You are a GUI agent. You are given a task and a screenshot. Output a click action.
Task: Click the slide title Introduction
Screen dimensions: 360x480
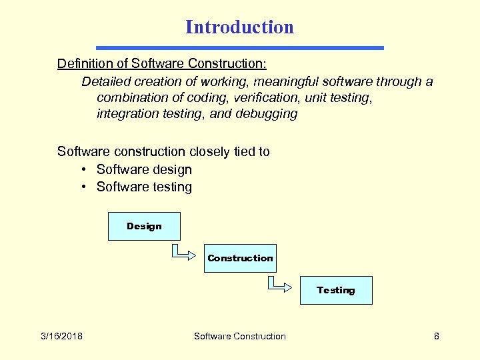(239, 27)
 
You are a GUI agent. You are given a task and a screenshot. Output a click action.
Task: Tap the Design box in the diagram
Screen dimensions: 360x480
(144, 227)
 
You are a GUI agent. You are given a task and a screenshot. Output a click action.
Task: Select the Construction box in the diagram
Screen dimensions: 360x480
(240, 258)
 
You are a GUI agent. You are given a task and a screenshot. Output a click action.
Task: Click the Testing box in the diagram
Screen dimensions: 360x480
(336, 290)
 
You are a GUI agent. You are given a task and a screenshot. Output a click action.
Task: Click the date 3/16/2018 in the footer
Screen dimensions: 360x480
(61, 336)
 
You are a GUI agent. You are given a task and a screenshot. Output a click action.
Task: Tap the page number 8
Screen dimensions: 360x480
(437, 336)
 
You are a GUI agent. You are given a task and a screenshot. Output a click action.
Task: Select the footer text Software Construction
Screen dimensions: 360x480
(239, 336)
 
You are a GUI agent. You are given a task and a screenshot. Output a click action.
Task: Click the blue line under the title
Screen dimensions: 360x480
(240, 48)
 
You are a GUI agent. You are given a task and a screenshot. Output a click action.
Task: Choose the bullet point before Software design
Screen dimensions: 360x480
(85, 170)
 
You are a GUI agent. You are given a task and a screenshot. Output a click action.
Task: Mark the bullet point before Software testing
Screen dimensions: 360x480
(85, 187)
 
